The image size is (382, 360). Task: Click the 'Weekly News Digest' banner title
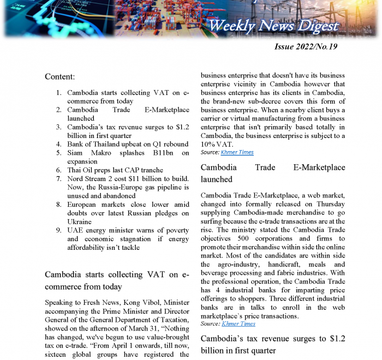[x=273, y=25]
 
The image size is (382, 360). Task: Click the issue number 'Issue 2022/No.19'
[x=305, y=46]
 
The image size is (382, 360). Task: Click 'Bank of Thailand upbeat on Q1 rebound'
[x=127, y=145]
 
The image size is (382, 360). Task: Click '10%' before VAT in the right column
[x=210, y=145]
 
